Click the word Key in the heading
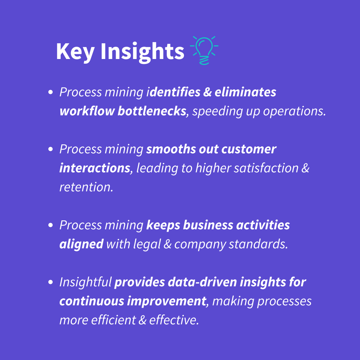pyautogui.click(x=75, y=52)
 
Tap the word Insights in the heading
pyautogui.click(x=142, y=52)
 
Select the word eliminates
pyautogui.click(x=245, y=92)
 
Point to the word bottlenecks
pyautogui.click(x=152, y=111)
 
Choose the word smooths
pyautogui.click(x=171, y=149)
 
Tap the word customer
pyautogui.click(x=249, y=150)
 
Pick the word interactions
pyautogui.click(x=95, y=168)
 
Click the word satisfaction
pyautogui.click(x=266, y=168)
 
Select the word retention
pyautogui.click(x=86, y=187)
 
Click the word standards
pyautogui.click(x=258, y=244)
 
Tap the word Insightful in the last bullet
pyautogui.click(x=85, y=282)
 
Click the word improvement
pyautogui.click(x=166, y=301)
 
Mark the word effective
pyautogui.click(x=174, y=320)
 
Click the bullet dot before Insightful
pyautogui.click(x=51, y=282)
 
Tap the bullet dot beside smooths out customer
pyautogui.click(x=51, y=149)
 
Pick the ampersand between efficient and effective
pyautogui.click(x=142, y=320)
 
